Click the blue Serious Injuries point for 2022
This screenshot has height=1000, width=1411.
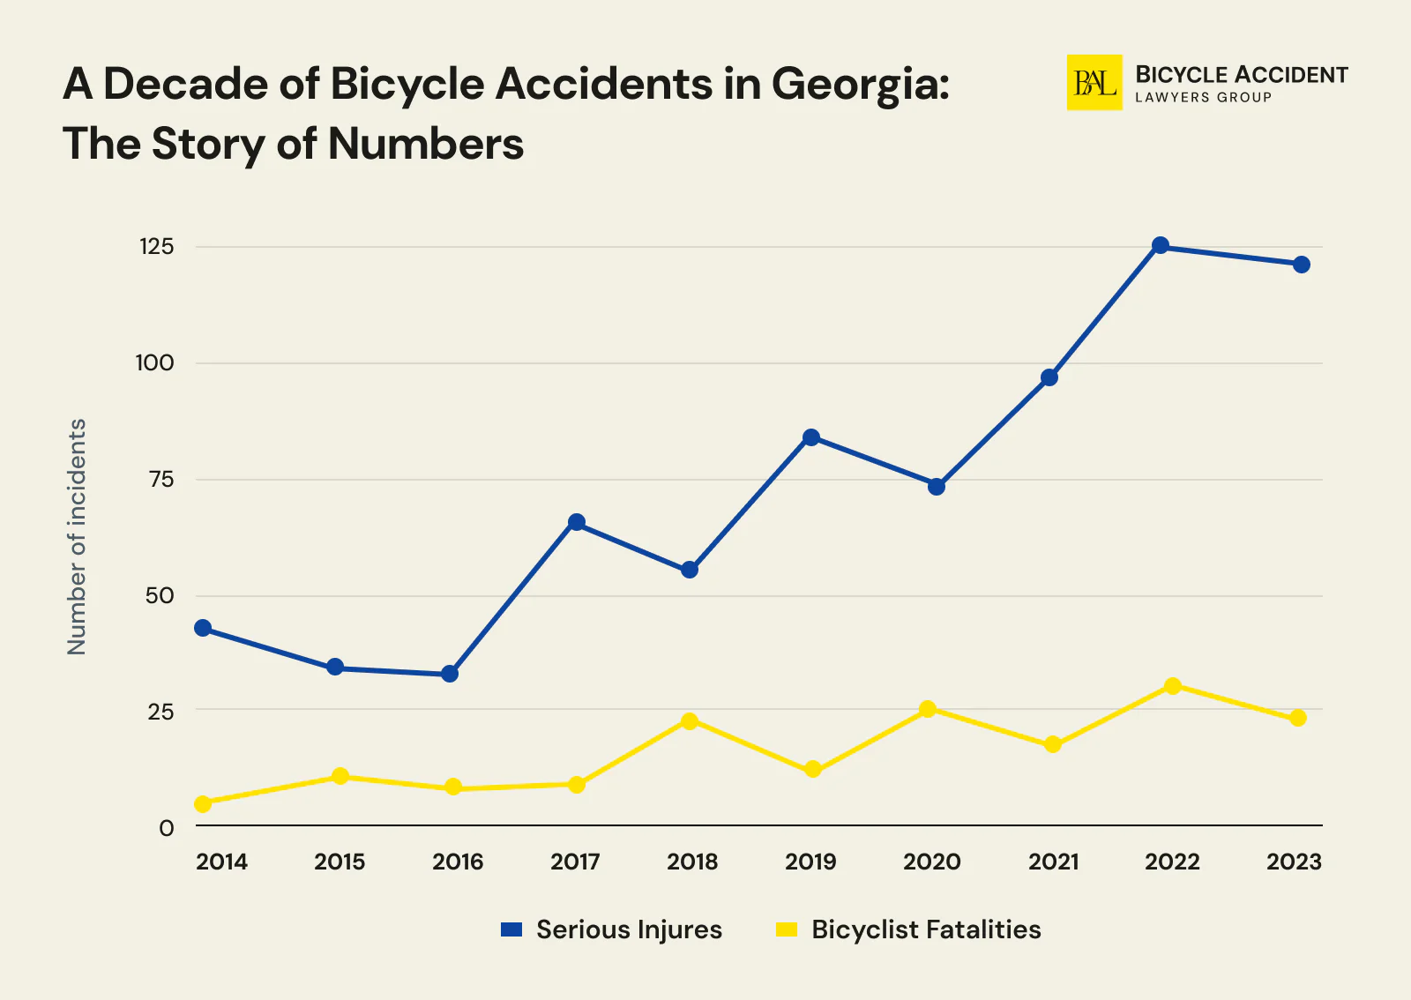pos(1161,245)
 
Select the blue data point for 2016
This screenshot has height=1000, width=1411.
pos(450,674)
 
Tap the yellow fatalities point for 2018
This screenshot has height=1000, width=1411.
pos(690,721)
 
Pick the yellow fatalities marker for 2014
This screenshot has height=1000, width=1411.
pos(203,803)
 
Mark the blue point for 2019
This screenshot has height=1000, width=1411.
pos(811,437)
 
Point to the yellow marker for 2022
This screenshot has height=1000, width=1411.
pos(1172,686)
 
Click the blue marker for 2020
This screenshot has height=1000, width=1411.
pos(937,487)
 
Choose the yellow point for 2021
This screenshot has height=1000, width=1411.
pos(1052,745)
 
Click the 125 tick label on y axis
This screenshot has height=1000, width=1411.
pos(156,247)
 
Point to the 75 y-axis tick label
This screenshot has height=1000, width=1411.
pos(161,480)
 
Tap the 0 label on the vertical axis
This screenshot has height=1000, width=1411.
pos(166,828)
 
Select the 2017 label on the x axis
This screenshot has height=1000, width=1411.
pos(575,862)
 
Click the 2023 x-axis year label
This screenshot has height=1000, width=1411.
pos(1294,862)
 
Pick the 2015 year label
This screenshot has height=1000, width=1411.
pos(340,862)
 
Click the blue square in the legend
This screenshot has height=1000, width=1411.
pos(511,929)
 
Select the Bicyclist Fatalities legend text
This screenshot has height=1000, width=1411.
pos(926,929)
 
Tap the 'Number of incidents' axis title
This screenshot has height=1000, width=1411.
pos(78,536)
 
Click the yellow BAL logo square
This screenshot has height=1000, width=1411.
pos(1094,83)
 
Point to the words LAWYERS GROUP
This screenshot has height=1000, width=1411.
pos(1203,98)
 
